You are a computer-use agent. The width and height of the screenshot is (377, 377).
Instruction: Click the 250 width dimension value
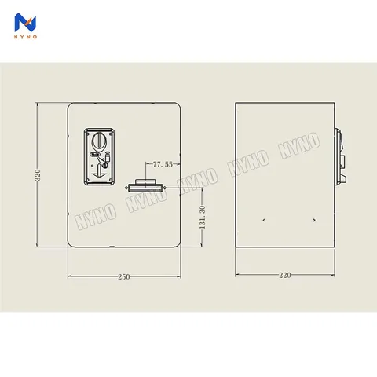point(124,276)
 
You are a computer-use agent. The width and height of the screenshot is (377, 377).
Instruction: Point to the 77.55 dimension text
point(163,164)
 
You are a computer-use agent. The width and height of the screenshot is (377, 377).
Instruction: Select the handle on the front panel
point(145,187)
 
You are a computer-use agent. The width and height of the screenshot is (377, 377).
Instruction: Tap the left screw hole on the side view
point(265,220)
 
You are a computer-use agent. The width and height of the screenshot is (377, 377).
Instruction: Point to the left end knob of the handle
point(130,188)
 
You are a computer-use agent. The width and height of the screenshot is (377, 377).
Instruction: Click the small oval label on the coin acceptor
point(101,155)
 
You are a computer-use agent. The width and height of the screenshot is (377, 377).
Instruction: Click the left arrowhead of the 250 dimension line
point(70,276)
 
